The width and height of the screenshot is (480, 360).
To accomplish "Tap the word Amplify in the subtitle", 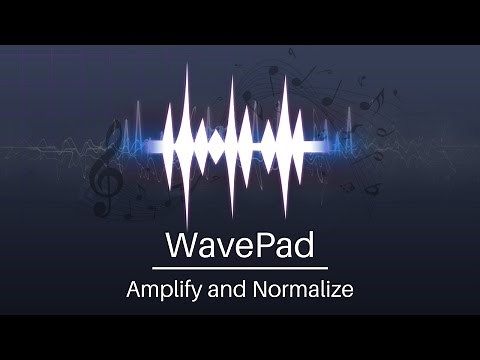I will (x=160, y=291).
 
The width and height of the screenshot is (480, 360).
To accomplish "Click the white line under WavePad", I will (x=240, y=268).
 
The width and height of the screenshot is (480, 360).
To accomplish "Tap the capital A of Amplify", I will (x=133, y=291).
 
